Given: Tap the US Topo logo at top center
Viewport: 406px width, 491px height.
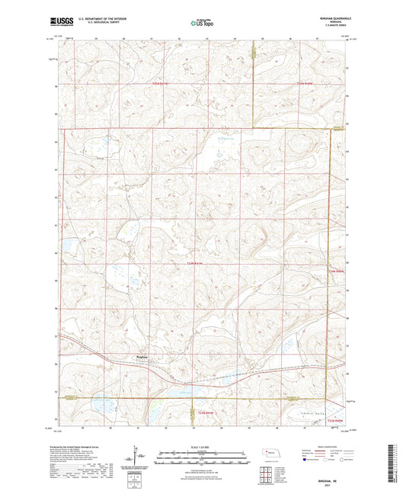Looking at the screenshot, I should click(203, 24).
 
